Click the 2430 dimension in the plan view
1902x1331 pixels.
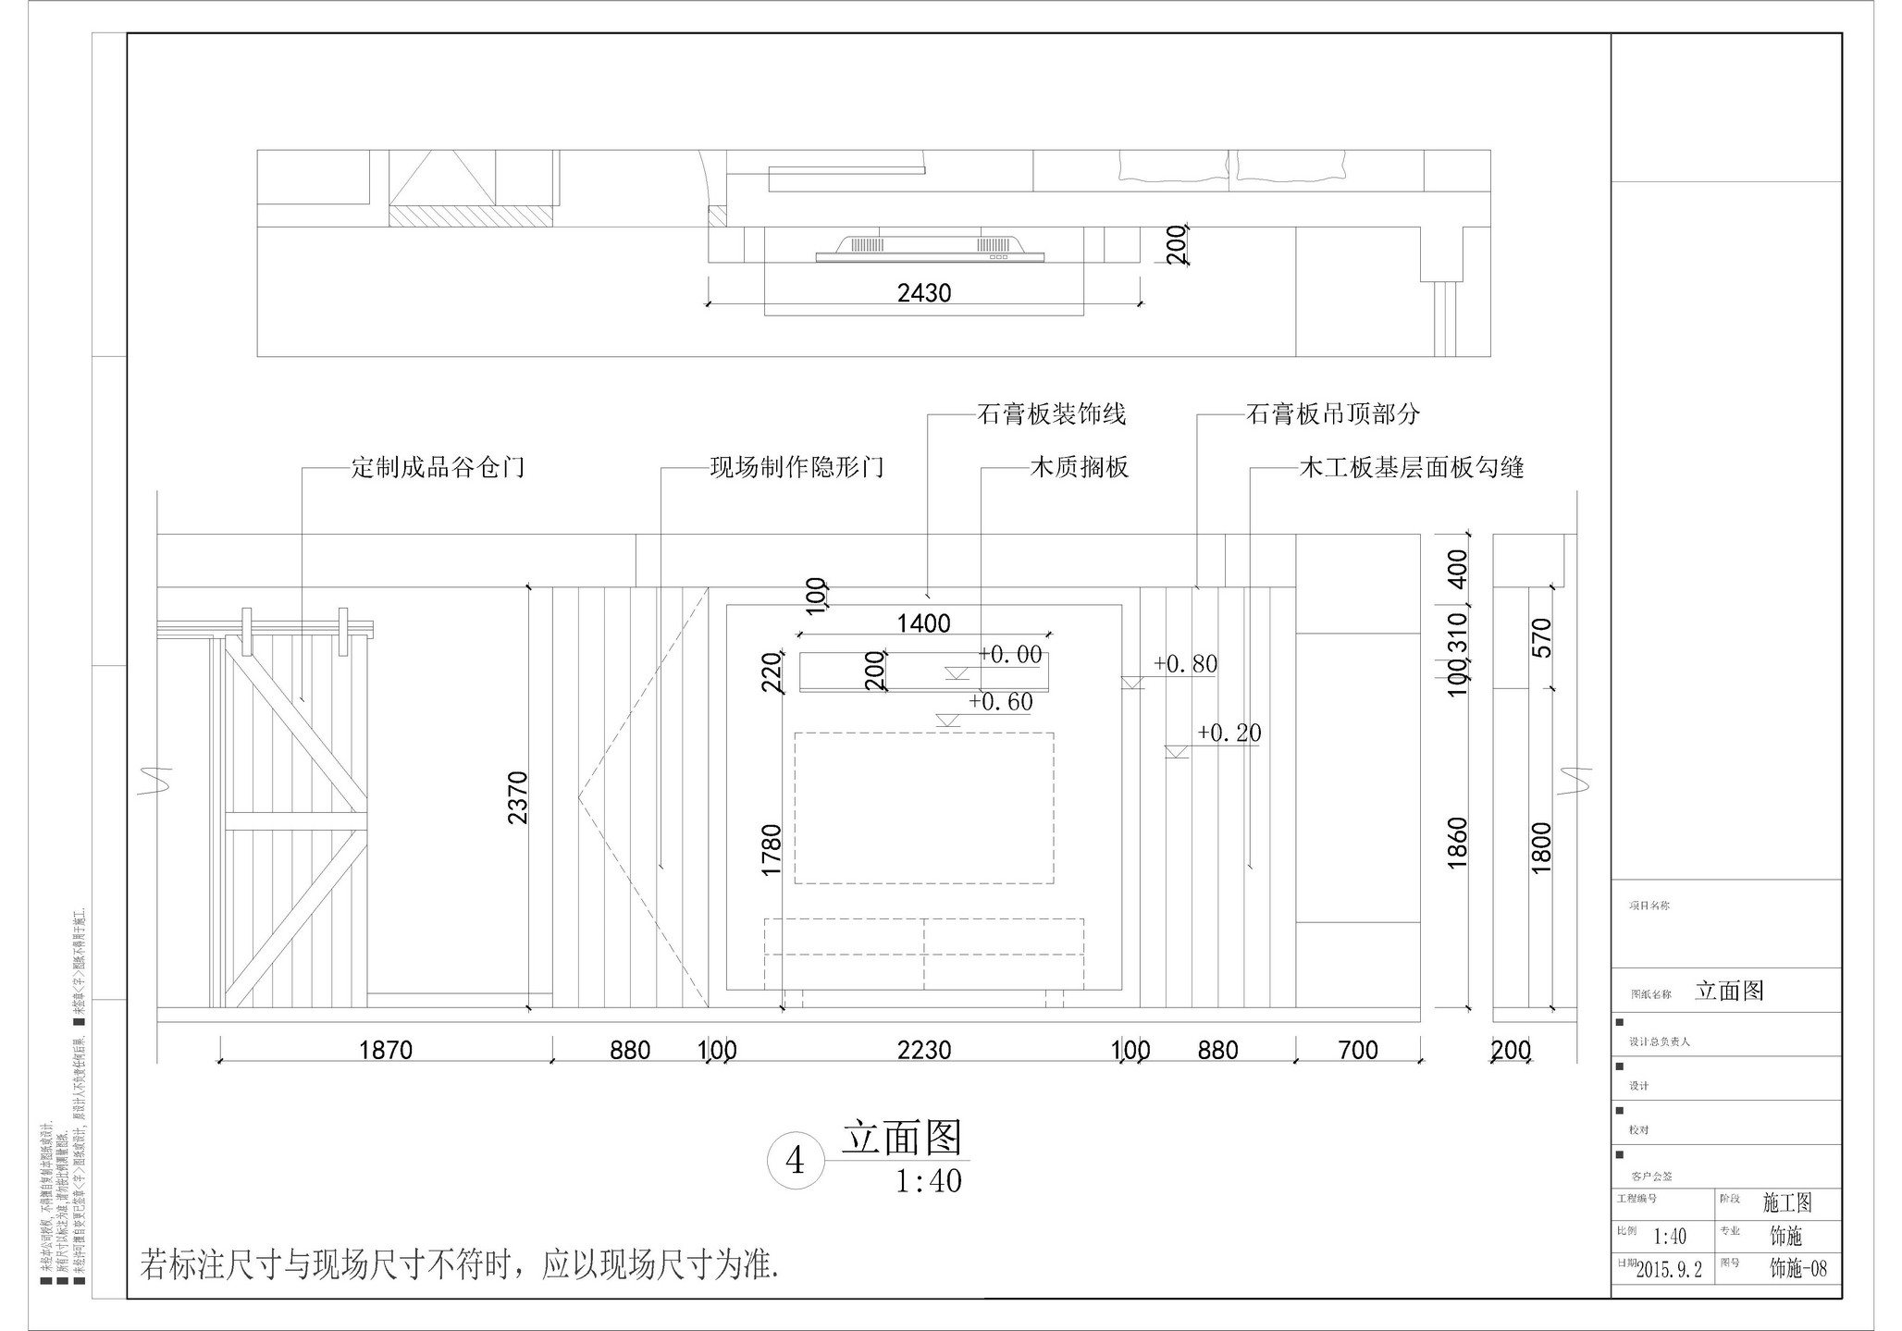pyautogui.click(x=923, y=293)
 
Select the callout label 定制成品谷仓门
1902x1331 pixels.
pyautogui.click(x=438, y=467)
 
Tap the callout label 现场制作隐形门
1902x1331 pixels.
pyautogui.click(x=797, y=467)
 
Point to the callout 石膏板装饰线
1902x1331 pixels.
pyautogui.click(x=1052, y=413)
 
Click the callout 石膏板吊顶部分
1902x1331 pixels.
pyautogui.click(x=1332, y=413)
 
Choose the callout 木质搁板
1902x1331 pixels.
pyautogui.click(x=1080, y=467)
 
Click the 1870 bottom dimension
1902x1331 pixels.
pyautogui.click(x=385, y=1051)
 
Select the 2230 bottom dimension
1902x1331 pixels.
pyautogui.click(x=923, y=1051)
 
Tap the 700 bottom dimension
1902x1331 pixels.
pyautogui.click(x=1357, y=1051)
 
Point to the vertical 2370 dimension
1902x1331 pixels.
pyautogui.click(x=517, y=797)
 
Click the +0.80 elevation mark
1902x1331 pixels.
pyautogui.click(x=1185, y=664)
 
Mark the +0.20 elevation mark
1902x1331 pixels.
pyautogui.click(x=1229, y=733)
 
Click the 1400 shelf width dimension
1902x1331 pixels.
pyautogui.click(x=923, y=623)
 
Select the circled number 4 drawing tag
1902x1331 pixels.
pyautogui.click(x=795, y=1160)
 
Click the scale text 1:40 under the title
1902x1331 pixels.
pyautogui.click(x=928, y=1181)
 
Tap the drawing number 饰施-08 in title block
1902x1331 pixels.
pyautogui.click(x=1797, y=1268)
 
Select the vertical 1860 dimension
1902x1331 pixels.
pyautogui.click(x=1457, y=842)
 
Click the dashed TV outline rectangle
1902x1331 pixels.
pyautogui.click(x=923, y=807)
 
